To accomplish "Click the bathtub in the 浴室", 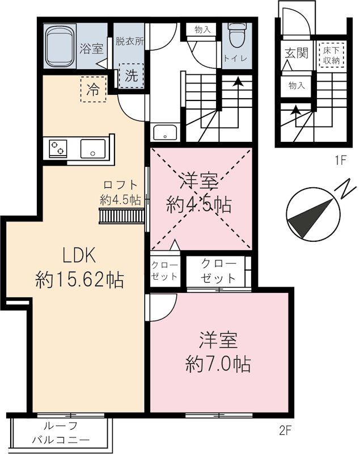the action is tap(60, 47).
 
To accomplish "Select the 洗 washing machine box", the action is tap(132, 75).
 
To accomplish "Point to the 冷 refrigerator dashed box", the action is tap(94, 89).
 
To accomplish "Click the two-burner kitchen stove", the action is tap(58, 148).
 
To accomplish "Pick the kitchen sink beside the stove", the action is tap(93, 148).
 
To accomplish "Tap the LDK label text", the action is tap(79, 256).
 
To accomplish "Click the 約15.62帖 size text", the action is tap(79, 280).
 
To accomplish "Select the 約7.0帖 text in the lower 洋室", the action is tap(218, 364).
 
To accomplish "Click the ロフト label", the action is tap(120, 185).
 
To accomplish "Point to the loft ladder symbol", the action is tap(122, 216).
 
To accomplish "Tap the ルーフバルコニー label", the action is tap(61, 433).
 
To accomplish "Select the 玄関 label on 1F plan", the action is tap(297, 53).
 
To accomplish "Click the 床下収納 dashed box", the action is tap(331, 55).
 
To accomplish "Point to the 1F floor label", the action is tap(340, 160).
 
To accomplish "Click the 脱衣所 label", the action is tap(130, 41).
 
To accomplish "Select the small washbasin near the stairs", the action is tap(165, 132).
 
